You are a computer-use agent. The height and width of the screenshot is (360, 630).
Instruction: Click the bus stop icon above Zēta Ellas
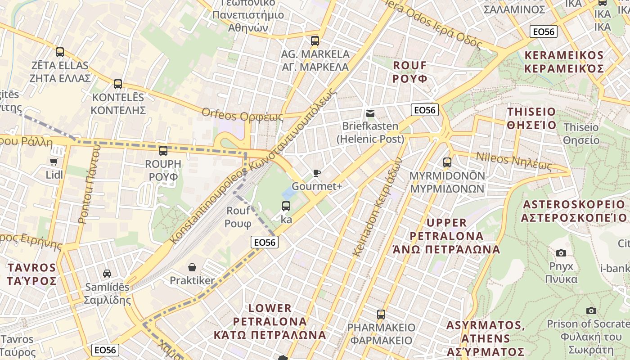[59, 52]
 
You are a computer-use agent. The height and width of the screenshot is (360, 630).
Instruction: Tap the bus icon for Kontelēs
[118, 84]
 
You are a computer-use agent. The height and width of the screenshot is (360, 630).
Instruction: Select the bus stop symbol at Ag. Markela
[315, 41]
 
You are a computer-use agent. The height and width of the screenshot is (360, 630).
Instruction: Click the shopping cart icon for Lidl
[54, 161]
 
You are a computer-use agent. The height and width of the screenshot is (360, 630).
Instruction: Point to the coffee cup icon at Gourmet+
[317, 173]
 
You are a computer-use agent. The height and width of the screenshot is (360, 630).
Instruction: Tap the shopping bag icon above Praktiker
[192, 267]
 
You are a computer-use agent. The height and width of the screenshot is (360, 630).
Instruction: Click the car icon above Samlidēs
[107, 273]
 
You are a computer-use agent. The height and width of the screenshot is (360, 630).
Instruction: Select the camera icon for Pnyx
[561, 253]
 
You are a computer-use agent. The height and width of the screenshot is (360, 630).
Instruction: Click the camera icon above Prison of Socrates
[591, 310]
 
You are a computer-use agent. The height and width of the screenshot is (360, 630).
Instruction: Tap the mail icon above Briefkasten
[370, 113]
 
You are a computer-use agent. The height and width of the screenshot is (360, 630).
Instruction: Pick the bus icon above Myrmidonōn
[447, 162]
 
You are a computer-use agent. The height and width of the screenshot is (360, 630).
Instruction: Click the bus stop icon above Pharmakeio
[381, 314]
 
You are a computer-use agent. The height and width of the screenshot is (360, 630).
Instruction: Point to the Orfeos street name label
[243, 115]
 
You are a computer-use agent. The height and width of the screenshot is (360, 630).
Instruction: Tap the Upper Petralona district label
[446, 236]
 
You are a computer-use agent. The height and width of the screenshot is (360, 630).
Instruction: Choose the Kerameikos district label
[564, 62]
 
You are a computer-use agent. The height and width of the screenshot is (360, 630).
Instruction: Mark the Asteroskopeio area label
[574, 211]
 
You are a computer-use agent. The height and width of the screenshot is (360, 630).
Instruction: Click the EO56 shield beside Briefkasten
[424, 110]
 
